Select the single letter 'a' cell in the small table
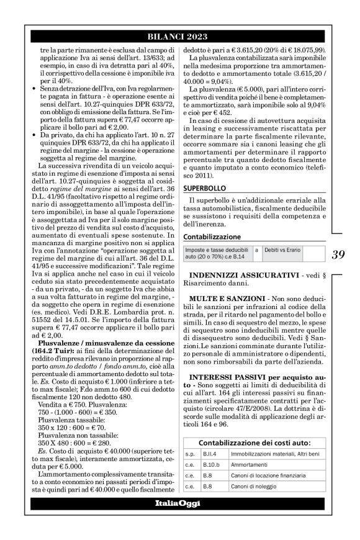tap(256, 248)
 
